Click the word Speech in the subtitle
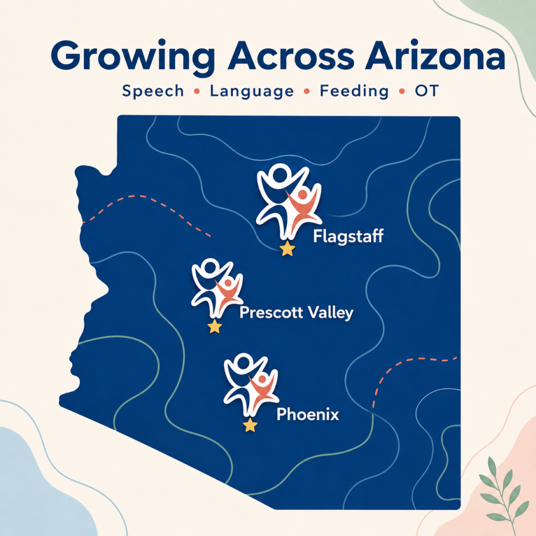coord(153,91)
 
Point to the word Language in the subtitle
coord(252,91)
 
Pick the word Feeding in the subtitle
coord(354,91)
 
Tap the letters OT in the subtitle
coord(427,91)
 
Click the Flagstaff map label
coord(348,236)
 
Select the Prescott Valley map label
coord(296,312)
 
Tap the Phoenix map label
coord(308,415)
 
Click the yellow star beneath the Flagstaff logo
coord(287,249)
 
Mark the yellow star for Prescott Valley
coord(215,327)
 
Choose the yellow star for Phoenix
coord(250,425)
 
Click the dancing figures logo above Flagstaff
coord(289,201)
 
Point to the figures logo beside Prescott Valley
coord(217,288)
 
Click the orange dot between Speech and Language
coord(197,91)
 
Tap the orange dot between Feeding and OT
coord(402,91)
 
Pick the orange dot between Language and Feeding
coord(307,91)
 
